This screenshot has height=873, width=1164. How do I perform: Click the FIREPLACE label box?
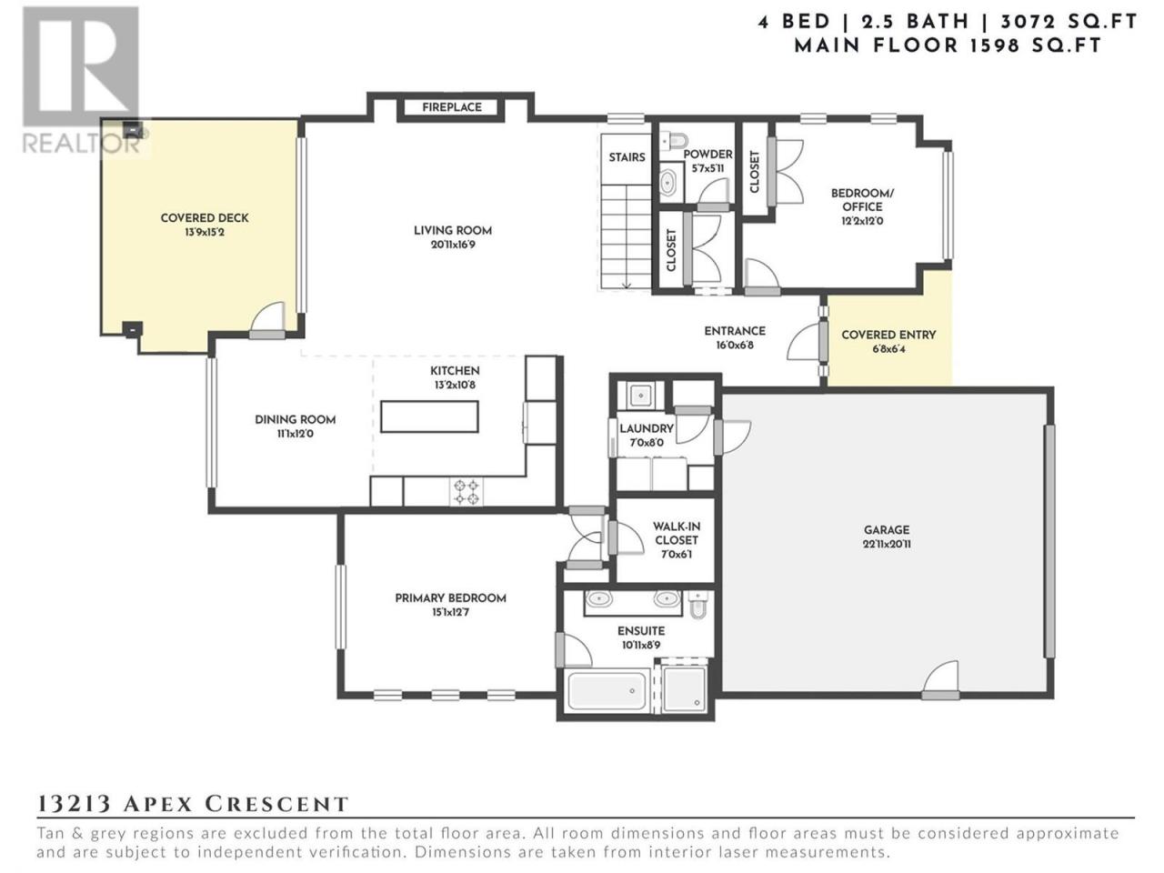pos(451,107)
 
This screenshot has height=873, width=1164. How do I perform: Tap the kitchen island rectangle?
pos(429,416)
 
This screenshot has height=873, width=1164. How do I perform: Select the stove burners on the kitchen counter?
pos(467,492)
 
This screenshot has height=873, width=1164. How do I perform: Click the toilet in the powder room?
pos(675,141)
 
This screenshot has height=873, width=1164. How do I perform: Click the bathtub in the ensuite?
pos(607,690)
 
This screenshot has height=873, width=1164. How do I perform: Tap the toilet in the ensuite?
pos(698,604)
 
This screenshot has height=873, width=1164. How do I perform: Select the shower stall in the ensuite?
pos(684,689)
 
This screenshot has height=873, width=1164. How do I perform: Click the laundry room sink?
pos(641,395)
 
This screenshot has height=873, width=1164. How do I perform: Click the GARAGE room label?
pos(887,529)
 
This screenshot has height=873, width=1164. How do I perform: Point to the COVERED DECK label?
pos(205,218)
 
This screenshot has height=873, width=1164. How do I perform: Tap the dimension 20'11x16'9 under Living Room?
pos(452,245)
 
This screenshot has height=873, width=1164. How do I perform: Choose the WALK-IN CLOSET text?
pos(677,533)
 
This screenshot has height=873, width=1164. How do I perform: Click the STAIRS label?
pos(627,157)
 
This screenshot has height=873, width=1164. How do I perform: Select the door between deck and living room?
pos(267,321)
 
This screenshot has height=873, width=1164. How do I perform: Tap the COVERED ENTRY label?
pos(888,335)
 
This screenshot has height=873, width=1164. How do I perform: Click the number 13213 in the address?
pos(74,804)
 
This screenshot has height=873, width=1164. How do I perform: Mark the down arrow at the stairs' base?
pos(627,285)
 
